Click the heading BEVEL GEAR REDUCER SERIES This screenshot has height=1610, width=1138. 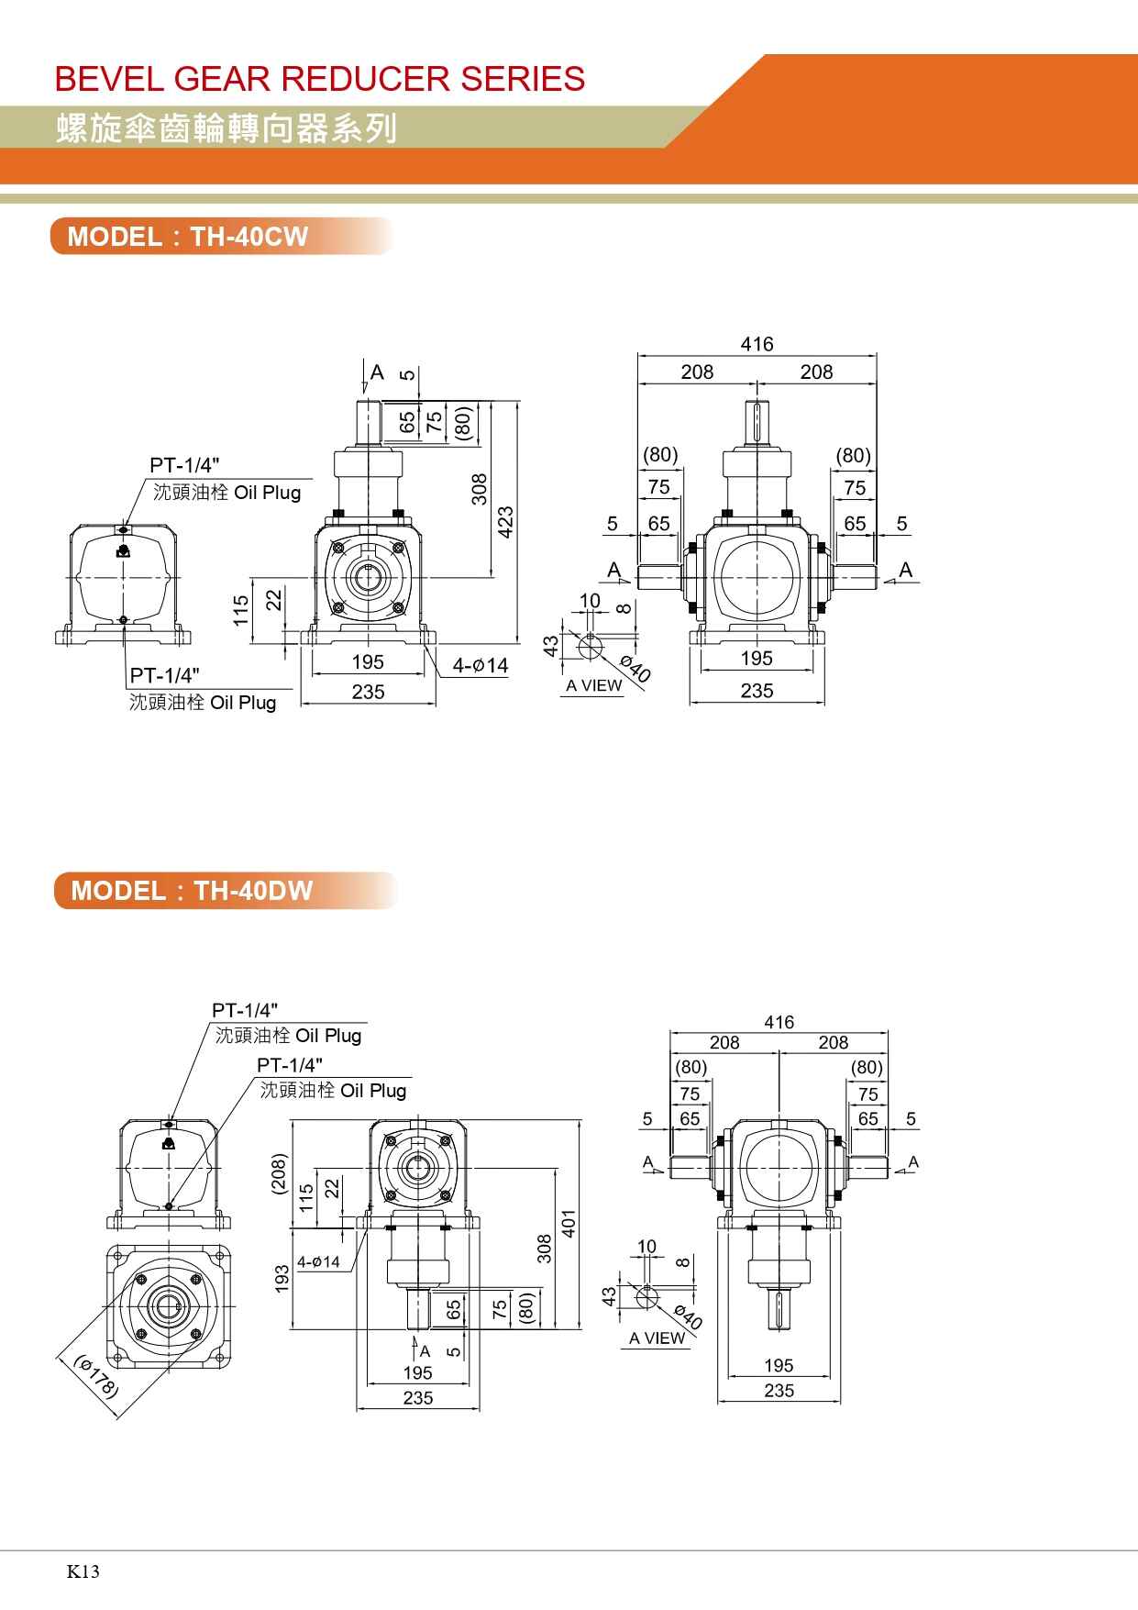click(x=320, y=79)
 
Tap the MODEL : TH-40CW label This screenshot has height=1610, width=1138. click(x=188, y=237)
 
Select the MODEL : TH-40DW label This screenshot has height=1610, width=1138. click(x=192, y=891)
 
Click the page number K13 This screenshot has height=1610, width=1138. click(x=83, y=1571)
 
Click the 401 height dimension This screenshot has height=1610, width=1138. click(x=568, y=1222)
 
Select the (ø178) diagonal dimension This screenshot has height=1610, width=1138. click(x=96, y=1376)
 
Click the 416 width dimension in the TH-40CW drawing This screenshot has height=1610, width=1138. click(x=757, y=344)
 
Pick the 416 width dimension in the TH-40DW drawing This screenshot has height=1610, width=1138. click(x=779, y=1022)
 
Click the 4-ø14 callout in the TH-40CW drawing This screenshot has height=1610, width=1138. click(x=480, y=665)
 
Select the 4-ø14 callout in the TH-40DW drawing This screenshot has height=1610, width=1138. click(x=318, y=1262)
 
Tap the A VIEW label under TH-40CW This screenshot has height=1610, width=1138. click(x=593, y=685)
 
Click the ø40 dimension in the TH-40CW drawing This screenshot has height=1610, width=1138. click(x=635, y=669)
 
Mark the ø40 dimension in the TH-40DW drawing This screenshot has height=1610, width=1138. click(x=688, y=1316)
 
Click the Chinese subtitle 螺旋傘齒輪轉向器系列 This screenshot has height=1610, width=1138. click(x=226, y=128)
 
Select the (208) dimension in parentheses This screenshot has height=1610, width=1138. click(x=279, y=1173)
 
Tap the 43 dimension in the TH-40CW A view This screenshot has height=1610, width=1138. click(x=551, y=646)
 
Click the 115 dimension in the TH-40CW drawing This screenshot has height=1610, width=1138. click(x=240, y=610)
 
